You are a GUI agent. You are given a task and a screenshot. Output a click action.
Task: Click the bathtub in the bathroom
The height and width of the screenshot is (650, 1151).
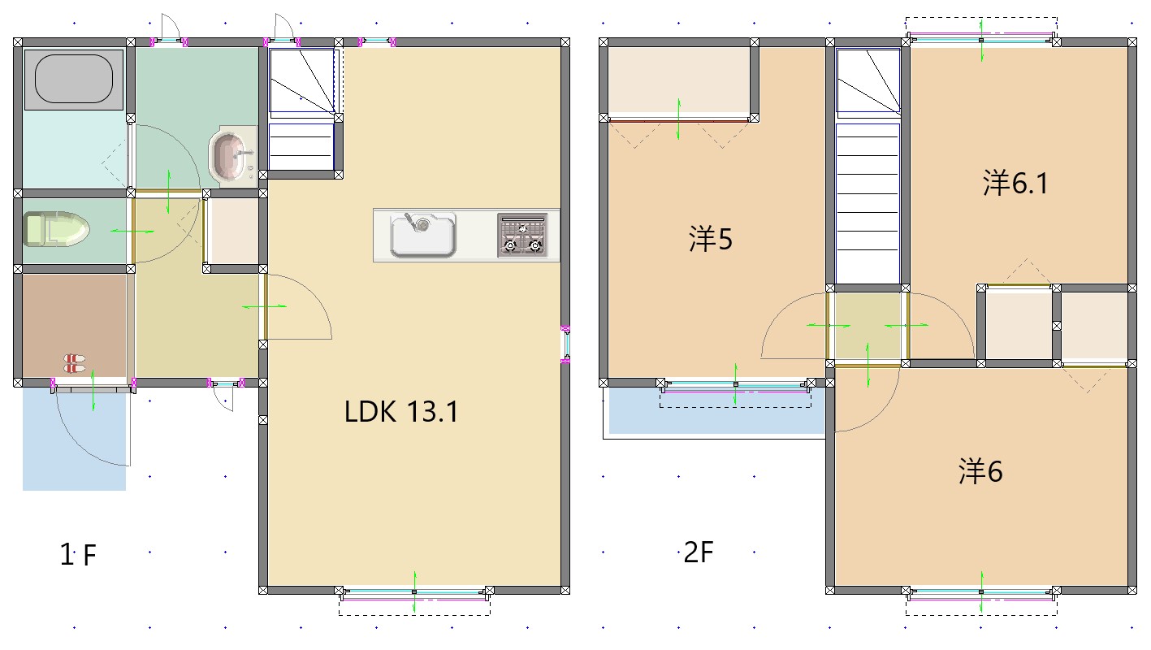tap(74, 79)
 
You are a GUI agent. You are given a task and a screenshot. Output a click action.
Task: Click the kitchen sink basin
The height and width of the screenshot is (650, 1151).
tap(423, 235)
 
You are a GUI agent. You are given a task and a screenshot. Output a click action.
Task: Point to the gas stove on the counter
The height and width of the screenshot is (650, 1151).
tap(522, 235)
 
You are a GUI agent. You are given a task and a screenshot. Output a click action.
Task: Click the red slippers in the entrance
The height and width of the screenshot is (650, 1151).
tap(75, 362)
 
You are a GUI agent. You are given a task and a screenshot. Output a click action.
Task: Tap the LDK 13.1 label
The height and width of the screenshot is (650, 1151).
tap(400, 412)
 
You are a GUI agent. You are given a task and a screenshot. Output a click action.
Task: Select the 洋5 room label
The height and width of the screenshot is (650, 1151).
tap(711, 239)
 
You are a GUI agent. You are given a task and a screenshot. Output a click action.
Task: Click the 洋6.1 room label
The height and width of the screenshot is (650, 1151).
tap(1015, 183)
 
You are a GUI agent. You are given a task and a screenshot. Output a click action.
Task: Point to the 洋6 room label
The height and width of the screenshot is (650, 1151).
tap(980, 471)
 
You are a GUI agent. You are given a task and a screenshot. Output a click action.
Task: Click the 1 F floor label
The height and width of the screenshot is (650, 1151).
tap(78, 554)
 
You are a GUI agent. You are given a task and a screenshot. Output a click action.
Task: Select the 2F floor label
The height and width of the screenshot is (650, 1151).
tap(699, 552)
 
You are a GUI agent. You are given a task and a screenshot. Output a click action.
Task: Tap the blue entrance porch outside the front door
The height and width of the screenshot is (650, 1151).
tap(74, 440)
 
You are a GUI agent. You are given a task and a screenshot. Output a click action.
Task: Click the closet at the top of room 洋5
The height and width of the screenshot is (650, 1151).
tap(679, 80)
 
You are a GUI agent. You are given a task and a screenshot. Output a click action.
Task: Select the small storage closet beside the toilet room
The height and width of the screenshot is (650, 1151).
tap(234, 232)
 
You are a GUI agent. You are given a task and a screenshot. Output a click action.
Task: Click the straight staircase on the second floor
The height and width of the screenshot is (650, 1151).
tap(868, 203)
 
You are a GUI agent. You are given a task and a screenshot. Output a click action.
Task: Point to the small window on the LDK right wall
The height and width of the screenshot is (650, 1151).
tap(565, 344)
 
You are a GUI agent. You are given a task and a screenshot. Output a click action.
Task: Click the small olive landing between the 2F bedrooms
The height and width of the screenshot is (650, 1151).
tap(868, 326)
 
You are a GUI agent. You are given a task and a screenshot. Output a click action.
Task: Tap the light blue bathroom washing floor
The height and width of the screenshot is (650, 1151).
tap(74, 149)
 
